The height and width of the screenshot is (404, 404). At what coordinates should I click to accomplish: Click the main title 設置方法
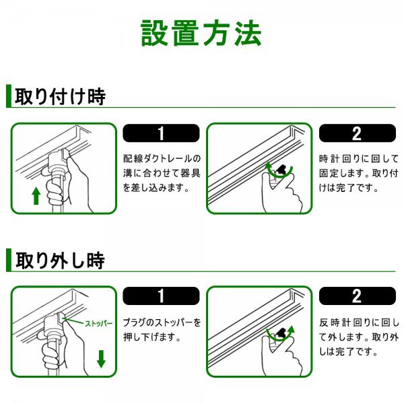click(201, 33)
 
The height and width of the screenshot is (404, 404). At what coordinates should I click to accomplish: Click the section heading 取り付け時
click(61, 96)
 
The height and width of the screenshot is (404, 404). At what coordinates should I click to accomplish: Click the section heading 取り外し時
click(60, 261)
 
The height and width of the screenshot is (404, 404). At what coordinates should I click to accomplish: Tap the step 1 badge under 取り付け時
click(162, 133)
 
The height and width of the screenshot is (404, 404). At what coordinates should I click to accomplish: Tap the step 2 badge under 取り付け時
click(358, 133)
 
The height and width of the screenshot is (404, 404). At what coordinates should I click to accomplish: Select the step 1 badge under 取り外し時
click(162, 296)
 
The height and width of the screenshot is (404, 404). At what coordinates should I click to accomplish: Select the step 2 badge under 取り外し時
click(358, 296)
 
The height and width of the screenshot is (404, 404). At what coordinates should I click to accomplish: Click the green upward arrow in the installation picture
click(36, 196)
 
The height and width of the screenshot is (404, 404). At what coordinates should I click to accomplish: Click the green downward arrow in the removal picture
click(101, 359)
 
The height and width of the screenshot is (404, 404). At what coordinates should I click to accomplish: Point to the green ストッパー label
click(99, 323)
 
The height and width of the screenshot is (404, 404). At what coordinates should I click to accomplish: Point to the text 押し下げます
click(149, 337)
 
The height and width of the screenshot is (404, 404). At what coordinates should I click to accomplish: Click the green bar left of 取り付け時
click(9, 96)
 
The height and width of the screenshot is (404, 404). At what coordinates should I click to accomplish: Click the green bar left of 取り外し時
click(9, 260)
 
